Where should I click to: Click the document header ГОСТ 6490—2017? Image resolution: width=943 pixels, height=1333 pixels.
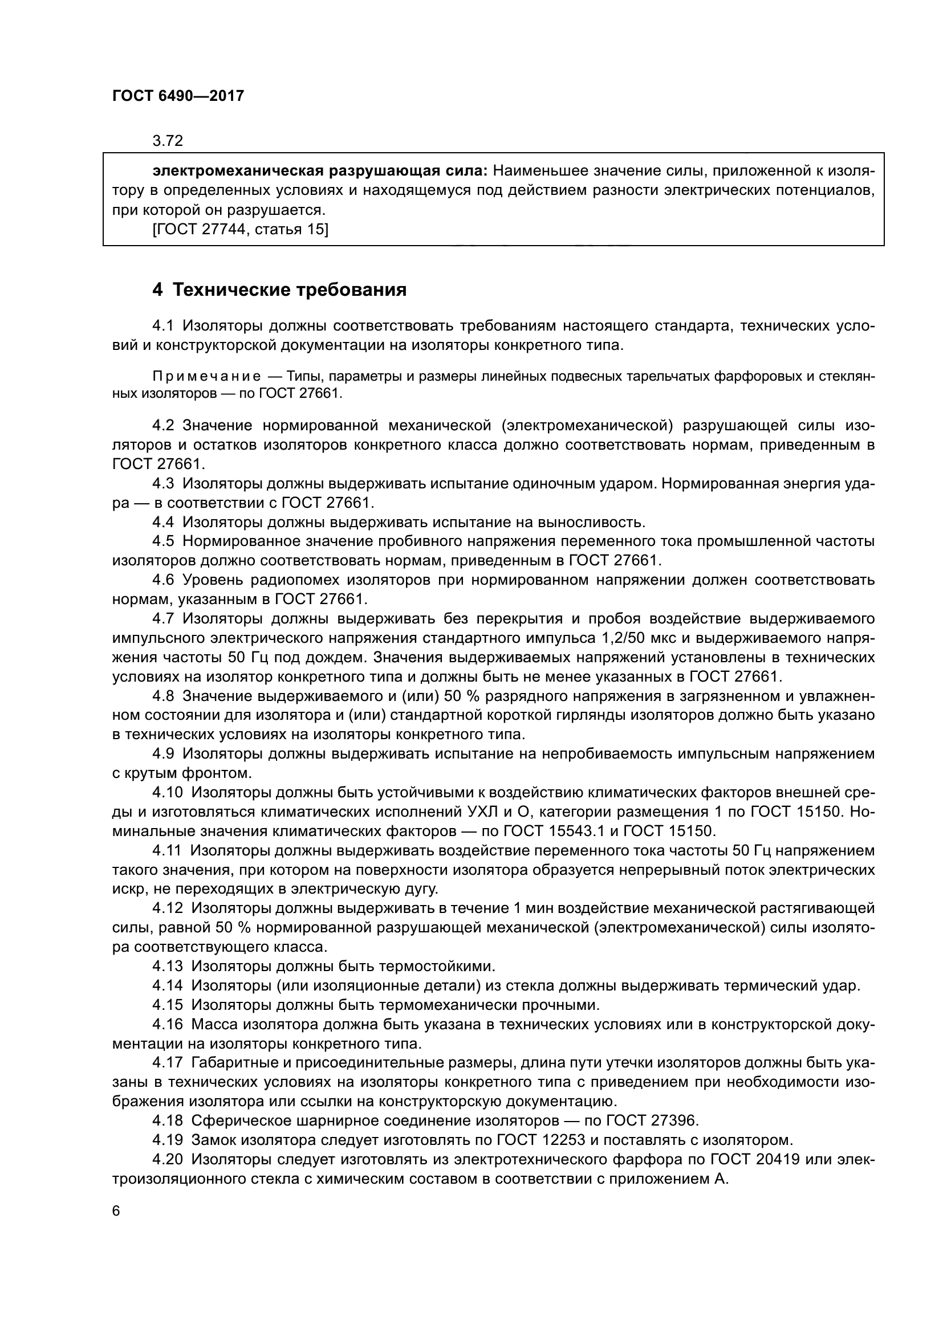(x=178, y=96)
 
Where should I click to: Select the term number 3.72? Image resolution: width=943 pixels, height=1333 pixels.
(x=168, y=141)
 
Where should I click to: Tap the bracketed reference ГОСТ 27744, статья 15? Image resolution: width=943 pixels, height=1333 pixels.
(x=240, y=229)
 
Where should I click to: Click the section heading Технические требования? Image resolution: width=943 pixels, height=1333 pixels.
(x=279, y=290)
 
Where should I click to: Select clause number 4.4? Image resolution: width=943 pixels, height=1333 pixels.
(x=163, y=522)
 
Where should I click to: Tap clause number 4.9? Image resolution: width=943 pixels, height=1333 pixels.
(x=163, y=753)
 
